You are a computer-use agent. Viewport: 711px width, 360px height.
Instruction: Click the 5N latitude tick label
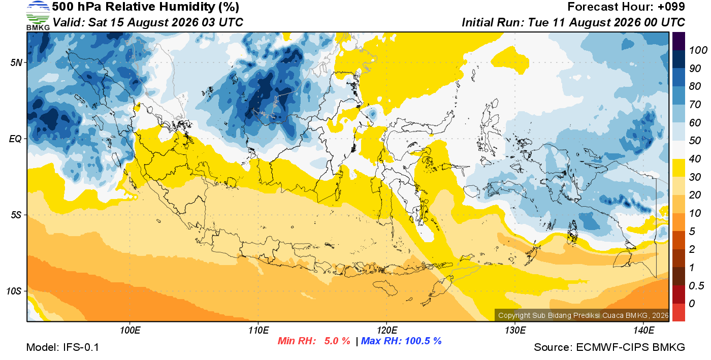pyautogui.click(x=16, y=62)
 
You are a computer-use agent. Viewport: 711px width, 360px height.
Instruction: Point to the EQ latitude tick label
pyautogui.click(x=16, y=139)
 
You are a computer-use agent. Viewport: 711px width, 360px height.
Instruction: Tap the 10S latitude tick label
pyautogui.click(x=14, y=291)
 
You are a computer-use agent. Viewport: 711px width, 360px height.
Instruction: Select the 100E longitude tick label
pyautogui.click(x=130, y=331)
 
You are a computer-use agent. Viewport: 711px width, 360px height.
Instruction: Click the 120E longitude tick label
pyautogui.click(x=387, y=331)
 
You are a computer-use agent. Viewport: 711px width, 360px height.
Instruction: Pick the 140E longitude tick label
pyautogui.click(x=644, y=331)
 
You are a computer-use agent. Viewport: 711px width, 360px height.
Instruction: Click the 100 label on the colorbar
pyautogui.click(x=698, y=50)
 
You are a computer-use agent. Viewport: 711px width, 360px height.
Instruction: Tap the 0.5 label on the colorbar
pyautogui.click(x=696, y=286)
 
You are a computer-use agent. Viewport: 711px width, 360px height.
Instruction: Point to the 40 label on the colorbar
pyautogui.click(x=695, y=159)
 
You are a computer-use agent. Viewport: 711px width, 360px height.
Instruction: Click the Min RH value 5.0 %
pyautogui.click(x=337, y=341)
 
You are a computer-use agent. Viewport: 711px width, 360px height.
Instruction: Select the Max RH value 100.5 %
pyautogui.click(x=423, y=341)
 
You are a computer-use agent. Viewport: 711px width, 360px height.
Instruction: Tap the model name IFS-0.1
pyautogui.click(x=81, y=347)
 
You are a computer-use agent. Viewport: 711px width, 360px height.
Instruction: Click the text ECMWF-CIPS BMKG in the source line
pyautogui.click(x=630, y=347)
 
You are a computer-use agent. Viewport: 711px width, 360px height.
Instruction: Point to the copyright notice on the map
pyautogui.click(x=583, y=315)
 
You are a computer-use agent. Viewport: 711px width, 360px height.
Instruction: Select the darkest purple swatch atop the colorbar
pyautogui.click(x=678, y=41)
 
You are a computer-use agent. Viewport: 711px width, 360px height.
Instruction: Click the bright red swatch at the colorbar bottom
pyautogui.click(x=678, y=312)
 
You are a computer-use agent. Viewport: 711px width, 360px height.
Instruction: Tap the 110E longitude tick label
pyautogui.click(x=258, y=331)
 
